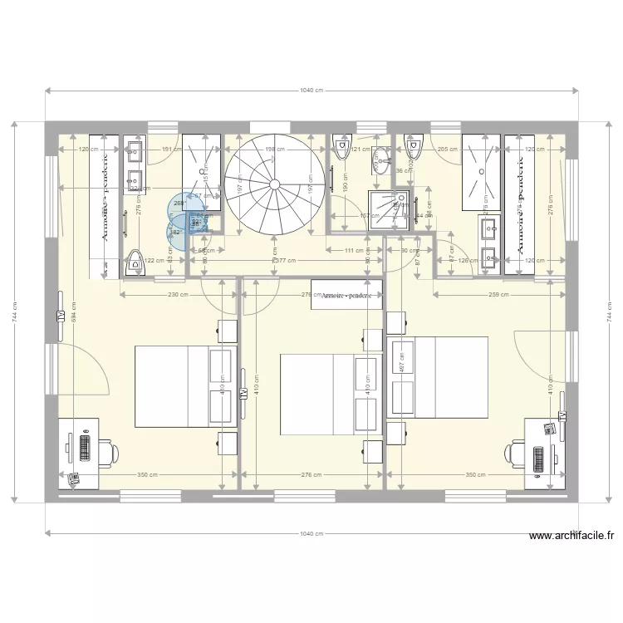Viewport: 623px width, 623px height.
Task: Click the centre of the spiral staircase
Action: (275, 184)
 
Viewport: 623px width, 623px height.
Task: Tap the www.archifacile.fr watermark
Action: (568, 537)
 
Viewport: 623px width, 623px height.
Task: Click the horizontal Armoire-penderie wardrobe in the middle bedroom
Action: (346, 296)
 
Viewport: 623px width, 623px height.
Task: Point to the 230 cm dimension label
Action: (174, 294)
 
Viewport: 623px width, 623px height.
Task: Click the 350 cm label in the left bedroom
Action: (148, 475)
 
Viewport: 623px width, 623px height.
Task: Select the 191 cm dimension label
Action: (171, 150)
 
